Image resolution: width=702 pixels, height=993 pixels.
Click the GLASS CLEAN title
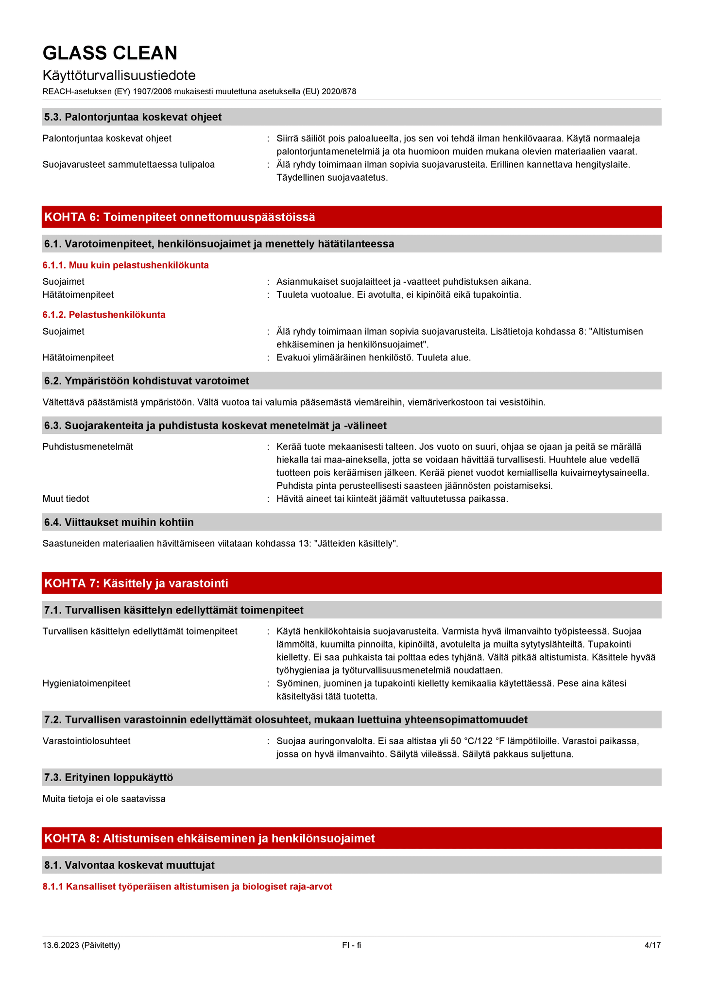(110, 53)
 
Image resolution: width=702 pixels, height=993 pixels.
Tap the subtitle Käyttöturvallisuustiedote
(119, 75)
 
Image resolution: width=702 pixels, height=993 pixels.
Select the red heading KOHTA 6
(180, 217)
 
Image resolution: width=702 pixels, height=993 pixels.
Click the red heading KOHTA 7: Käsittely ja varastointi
(136, 583)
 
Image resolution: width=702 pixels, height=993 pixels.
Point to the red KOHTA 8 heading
(209, 839)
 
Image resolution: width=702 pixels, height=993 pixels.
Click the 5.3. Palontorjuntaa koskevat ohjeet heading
(133, 117)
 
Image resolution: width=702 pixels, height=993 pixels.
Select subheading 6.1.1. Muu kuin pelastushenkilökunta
(125, 265)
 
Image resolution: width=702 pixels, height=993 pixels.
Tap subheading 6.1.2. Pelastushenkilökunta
(104, 315)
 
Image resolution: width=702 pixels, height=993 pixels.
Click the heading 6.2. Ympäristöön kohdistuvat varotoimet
(146, 381)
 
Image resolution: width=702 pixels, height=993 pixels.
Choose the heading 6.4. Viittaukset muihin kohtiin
(119, 522)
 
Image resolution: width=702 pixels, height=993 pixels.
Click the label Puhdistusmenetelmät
(88, 446)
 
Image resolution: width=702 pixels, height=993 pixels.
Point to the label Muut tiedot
(66, 499)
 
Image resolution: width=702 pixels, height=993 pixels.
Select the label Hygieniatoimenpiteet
(86, 684)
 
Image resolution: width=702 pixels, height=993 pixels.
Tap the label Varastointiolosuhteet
(86, 741)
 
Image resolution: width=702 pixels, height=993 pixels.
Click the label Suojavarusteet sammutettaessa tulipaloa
(129, 165)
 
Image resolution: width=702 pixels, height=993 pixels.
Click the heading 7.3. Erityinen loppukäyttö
(108, 777)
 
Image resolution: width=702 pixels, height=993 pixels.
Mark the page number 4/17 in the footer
(652, 945)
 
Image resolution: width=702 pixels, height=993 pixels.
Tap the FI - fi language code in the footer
(351, 945)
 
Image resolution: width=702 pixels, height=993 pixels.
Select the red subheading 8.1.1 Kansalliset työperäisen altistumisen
(187, 887)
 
